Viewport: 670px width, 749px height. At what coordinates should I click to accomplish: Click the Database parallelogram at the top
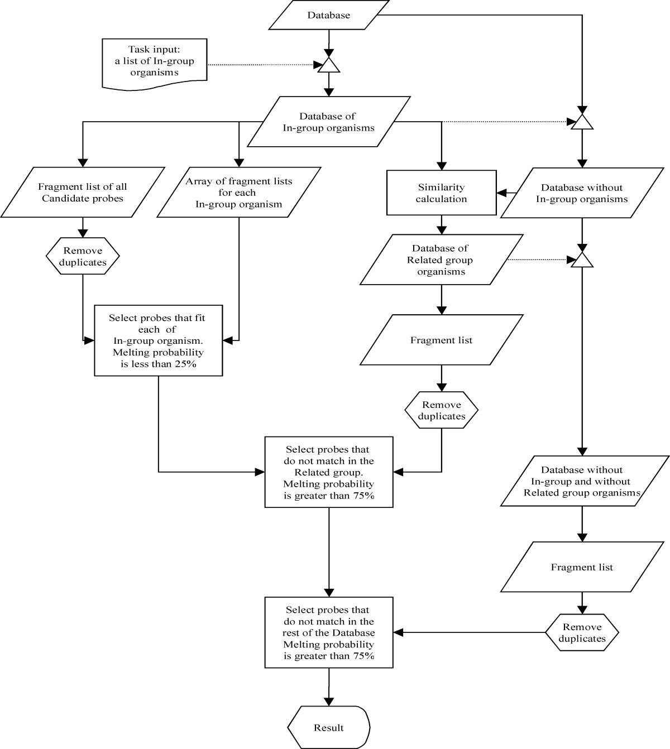coord(329,15)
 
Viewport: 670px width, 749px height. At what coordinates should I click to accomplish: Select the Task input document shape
coord(154,63)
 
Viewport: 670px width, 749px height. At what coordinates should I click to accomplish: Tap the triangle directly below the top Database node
coord(329,65)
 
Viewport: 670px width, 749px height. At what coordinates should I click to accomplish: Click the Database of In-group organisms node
coord(328,122)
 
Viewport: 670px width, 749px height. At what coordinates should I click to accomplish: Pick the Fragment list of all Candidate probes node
coord(83,192)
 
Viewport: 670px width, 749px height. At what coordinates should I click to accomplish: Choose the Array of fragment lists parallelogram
coord(239,192)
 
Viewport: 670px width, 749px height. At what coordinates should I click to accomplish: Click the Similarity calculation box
coord(441,193)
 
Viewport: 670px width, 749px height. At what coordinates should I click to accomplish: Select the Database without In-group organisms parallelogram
coord(582,193)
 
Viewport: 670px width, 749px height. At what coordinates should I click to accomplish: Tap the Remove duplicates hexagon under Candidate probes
coord(83,256)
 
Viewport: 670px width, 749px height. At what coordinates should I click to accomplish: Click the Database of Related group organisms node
coord(441,260)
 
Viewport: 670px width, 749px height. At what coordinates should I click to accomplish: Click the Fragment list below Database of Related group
coord(441,340)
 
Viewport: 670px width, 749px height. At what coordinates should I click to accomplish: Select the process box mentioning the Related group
coord(329,472)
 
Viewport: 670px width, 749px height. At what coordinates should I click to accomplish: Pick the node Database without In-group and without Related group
coord(582,481)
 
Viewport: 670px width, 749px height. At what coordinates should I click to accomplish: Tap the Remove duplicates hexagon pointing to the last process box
coord(582,633)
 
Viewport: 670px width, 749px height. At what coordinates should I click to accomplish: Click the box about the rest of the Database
coord(329,632)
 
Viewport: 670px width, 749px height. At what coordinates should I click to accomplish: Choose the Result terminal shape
coord(329,727)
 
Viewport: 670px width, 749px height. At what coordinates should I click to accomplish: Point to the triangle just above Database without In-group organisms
coord(582,122)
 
